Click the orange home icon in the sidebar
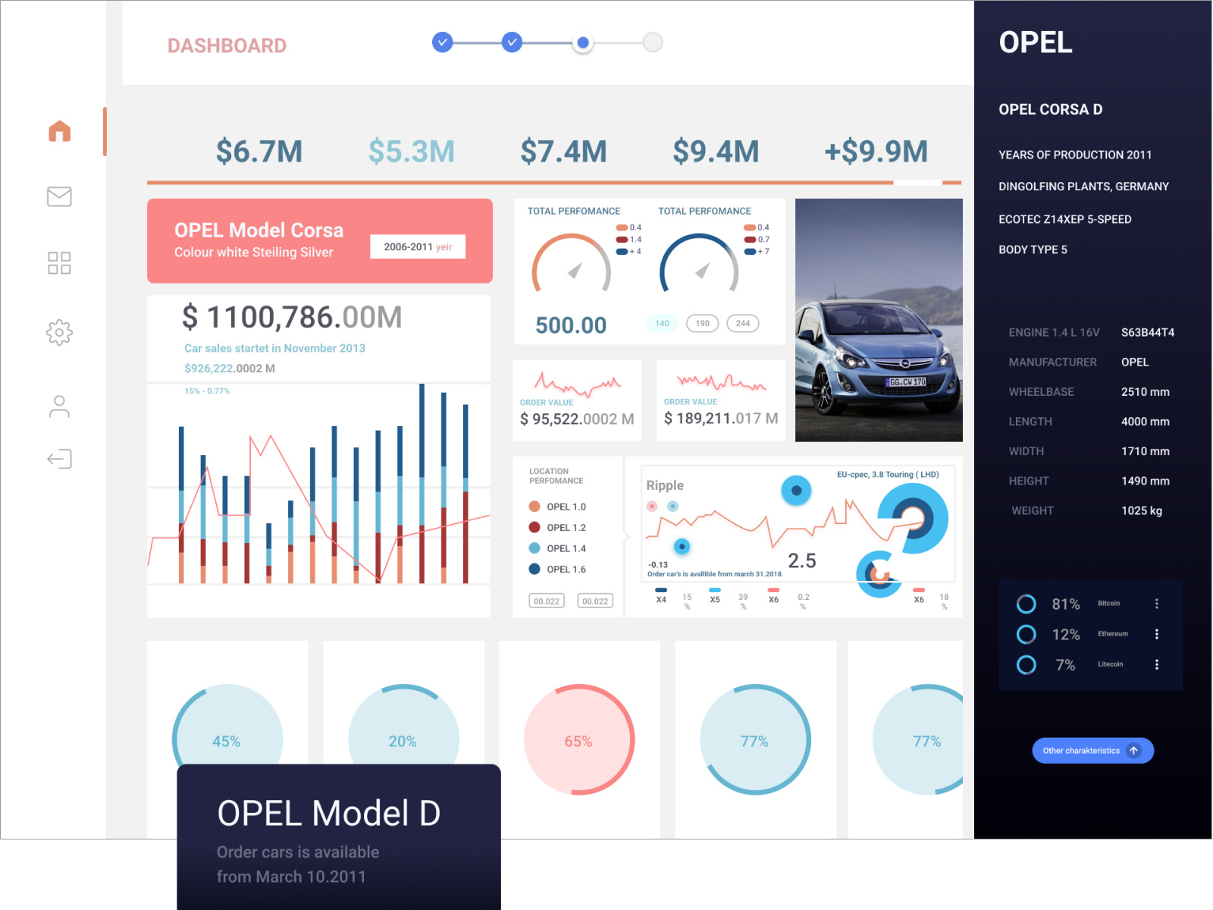60,131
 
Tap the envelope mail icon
59,196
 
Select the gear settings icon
59,332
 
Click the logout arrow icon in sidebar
59,459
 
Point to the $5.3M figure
411,152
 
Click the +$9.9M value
876,152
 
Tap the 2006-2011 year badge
417,246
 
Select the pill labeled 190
702,323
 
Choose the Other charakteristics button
1092,751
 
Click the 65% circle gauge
578,740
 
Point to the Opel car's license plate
907,382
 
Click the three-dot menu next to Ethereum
1156,634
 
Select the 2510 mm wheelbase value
1145,392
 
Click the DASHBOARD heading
227,45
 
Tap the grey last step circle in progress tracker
653,42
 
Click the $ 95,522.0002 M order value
576,419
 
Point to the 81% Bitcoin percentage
1065,604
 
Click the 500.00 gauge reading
571,325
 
